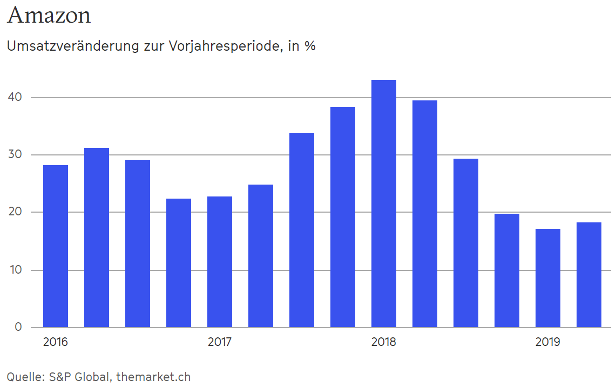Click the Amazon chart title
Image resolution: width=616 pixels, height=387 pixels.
49,15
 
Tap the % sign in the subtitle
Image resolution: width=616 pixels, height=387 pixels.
309,46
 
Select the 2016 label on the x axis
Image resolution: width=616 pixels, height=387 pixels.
55,342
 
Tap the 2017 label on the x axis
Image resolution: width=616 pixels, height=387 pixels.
220,342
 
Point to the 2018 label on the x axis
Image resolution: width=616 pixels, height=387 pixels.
383,342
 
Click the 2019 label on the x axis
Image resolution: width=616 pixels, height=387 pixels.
547,342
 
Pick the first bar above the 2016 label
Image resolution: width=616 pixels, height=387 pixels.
56,246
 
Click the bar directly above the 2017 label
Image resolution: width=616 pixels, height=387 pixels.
220,262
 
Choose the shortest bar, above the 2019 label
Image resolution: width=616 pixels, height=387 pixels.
548,278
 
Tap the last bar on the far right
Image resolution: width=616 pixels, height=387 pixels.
589,275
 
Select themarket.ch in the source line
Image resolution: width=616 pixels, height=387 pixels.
153,377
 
